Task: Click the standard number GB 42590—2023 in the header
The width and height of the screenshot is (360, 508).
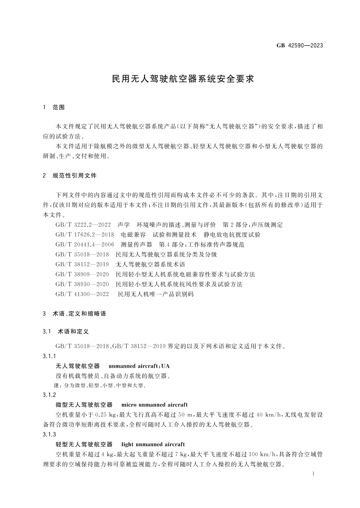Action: tap(299, 46)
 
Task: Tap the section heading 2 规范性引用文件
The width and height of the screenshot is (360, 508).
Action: tap(69, 176)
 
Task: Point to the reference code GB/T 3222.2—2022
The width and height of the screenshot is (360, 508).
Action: tap(83, 224)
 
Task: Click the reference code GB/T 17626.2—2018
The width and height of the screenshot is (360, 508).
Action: tap(85, 234)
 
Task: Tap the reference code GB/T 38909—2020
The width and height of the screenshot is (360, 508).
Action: tap(83, 274)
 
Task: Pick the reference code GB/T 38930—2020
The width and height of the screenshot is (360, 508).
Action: tap(83, 284)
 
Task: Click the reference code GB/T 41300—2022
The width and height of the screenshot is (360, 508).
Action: tap(83, 294)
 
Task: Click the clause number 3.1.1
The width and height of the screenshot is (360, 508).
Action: tap(49, 356)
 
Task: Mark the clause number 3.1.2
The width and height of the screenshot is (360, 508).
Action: tap(49, 395)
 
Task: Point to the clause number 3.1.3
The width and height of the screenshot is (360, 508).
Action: tap(49, 434)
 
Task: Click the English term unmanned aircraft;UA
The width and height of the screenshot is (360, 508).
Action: tap(139, 366)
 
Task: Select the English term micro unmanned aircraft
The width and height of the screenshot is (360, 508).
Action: tap(154, 405)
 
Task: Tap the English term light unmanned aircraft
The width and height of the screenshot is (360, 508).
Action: tap(153, 444)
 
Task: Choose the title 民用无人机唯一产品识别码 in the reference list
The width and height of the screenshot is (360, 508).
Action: tap(156, 294)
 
